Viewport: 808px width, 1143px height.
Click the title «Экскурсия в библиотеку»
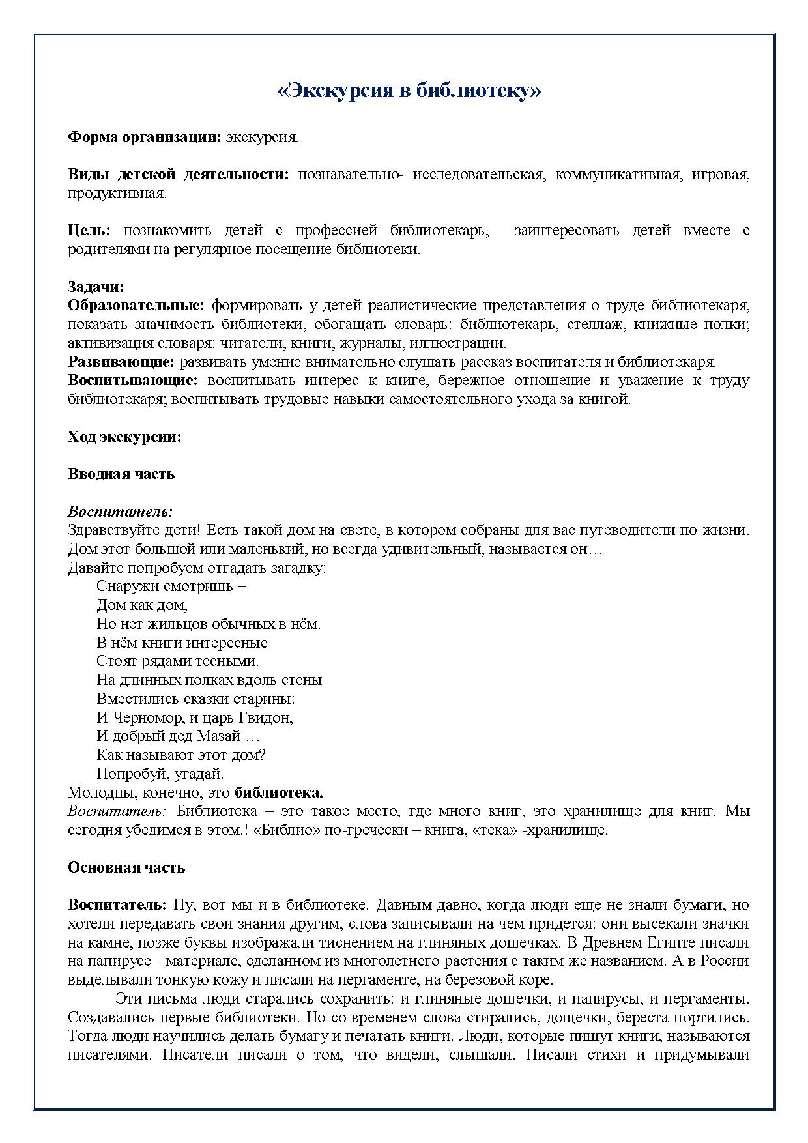click(409, 90)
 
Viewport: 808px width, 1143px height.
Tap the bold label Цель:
click(89, 230)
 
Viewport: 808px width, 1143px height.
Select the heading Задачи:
click(96, 287)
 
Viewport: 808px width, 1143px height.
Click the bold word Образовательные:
click(136, 305)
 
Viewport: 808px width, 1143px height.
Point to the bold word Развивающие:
click(121, 362)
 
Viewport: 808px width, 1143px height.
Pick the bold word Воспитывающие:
click(132, 380)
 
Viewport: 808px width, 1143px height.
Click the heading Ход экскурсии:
click(124, 437)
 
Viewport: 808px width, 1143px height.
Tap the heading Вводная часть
click(121, 474)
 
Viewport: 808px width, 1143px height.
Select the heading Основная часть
click(126, 867)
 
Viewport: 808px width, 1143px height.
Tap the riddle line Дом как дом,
click(142, 605)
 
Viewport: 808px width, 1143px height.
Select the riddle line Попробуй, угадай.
click(160, 774)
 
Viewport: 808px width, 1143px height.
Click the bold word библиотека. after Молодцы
click(279, 793)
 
